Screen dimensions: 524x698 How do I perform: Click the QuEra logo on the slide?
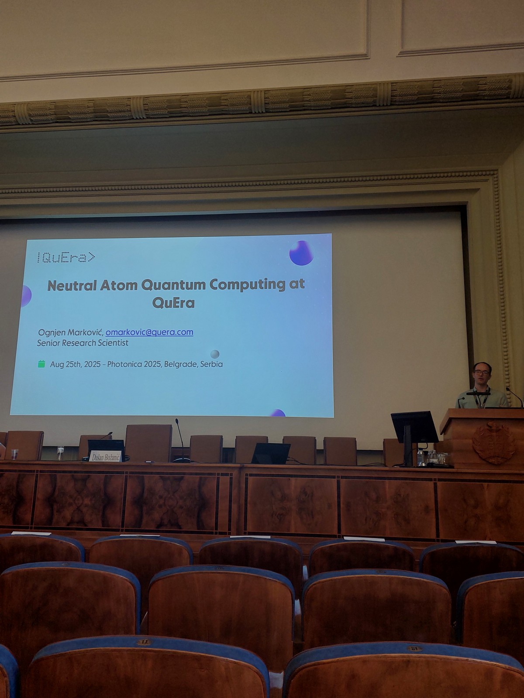click(x=66, y=257)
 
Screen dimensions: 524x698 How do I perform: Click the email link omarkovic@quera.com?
click(x=149, y=332)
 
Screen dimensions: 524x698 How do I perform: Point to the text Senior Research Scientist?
click(x=83, y=343)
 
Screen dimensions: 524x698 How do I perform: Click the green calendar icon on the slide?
click(x=41, y=364)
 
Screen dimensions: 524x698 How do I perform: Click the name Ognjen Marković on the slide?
click(x=71, y=332)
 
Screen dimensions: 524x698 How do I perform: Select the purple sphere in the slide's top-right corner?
click(x=301, y=253)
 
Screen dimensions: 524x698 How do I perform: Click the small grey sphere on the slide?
click(x=215, y=354)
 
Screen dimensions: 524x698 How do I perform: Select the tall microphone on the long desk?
click(x=180, y=441)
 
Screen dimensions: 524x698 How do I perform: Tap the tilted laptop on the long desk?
click(x=270, y=453)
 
